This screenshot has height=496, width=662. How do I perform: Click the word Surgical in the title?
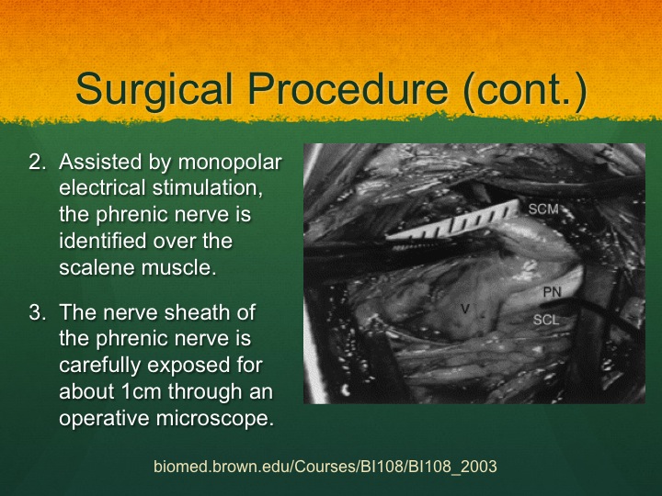154,90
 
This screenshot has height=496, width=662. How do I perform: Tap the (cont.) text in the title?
525,89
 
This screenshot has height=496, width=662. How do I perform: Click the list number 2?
37,162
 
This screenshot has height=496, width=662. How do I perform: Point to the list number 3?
37,312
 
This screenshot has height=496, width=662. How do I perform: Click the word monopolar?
230,163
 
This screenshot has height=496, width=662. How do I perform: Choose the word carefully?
98,366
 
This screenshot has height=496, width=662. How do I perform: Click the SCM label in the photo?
543,209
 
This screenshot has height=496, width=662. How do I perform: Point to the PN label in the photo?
552,292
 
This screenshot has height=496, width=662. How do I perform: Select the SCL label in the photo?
546,321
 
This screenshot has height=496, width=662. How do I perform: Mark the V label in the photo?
465,310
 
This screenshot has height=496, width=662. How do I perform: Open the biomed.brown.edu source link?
325,467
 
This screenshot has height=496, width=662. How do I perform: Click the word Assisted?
100,162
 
